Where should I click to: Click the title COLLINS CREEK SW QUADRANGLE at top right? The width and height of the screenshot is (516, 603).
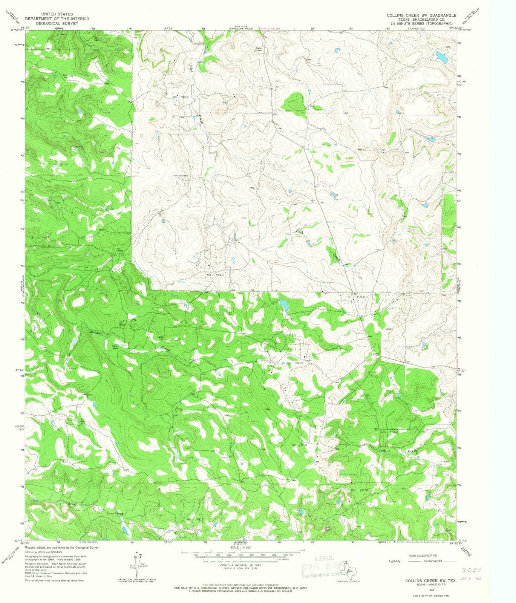(421, 15)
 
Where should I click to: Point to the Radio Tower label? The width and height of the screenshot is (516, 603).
(259, 49)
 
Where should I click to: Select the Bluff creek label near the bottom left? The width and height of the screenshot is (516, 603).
(73, 504)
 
